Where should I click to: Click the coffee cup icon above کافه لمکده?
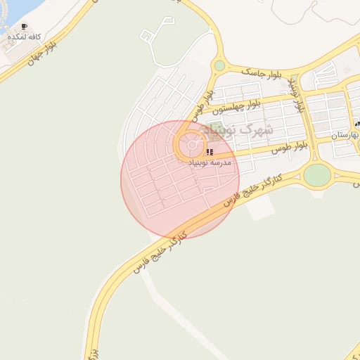[x=25, y=27]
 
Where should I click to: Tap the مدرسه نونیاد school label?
[x=209, y=162]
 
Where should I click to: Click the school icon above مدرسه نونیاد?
[x=210, y=152]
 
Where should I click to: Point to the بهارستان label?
[x=345, y=133]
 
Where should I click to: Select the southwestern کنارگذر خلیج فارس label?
[x=162, y=250]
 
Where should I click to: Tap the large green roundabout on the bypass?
[x=317, y=175]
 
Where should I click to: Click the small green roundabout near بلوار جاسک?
[x=219, y=65]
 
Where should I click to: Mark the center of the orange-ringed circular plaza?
[x=192, y=146]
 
